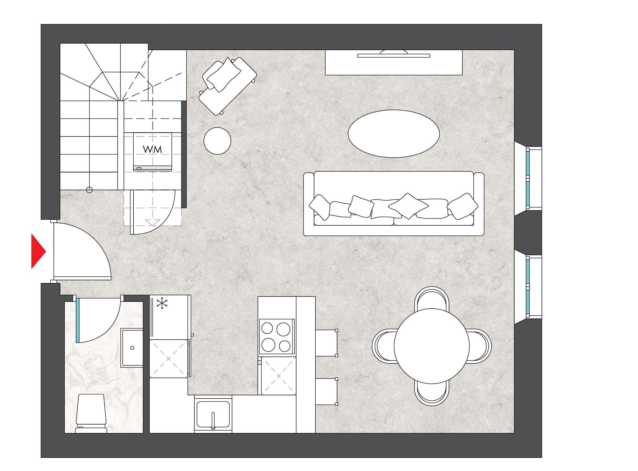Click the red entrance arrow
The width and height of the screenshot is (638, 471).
38,251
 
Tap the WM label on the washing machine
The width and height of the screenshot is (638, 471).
152,149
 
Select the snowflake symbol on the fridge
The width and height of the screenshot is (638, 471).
162,303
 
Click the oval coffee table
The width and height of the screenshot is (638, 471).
394,134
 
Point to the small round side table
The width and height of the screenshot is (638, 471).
217,141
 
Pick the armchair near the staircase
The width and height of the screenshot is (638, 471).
227,85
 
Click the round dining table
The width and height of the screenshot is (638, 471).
432,346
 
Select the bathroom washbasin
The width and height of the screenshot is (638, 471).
132,348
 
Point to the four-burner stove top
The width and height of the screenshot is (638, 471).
276,337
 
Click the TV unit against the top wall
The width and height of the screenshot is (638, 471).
394,62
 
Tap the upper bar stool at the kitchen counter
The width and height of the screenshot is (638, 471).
326,343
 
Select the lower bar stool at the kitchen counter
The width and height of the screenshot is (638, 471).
326,391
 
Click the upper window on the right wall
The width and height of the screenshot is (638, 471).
528,178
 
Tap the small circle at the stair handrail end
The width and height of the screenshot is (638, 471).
90,190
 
